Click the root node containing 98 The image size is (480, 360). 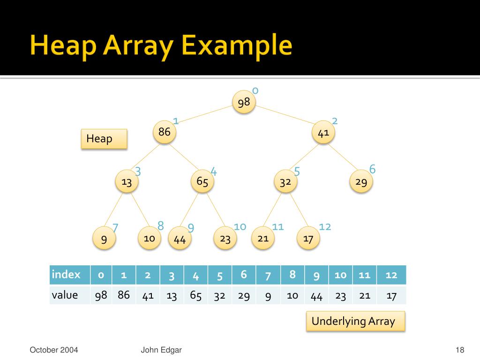tap(244, 102)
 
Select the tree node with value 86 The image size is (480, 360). tap(165, 133)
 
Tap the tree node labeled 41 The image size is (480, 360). tap(323, 133)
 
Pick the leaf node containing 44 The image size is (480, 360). tap(180, 239)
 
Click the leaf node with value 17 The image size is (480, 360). tap(308, 239)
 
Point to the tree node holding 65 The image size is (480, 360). tap(202, 182)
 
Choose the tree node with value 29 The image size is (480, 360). tap(361, 182)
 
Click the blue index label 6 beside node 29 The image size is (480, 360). tap(373, 169)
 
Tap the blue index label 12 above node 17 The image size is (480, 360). tap(325, 227)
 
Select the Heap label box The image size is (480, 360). tap(104, 139)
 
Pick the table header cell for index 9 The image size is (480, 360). tap(316, 275)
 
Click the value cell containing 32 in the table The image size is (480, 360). tap(220, 296)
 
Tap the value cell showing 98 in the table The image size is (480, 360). tap(101, 295)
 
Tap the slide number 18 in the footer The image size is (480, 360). tap(459, 350)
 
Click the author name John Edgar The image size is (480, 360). tap(161, 350)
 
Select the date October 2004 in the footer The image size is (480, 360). tap(54, 350)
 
